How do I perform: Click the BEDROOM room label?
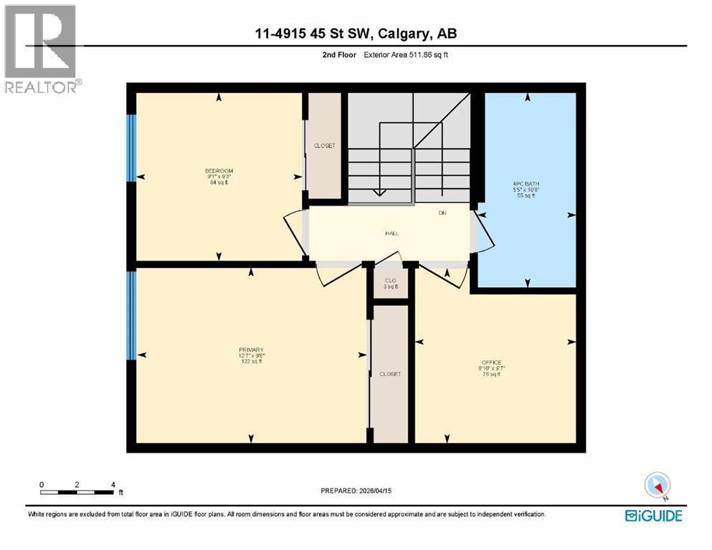[219, 171]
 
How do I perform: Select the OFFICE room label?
[491, 362]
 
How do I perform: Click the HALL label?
[391, 233]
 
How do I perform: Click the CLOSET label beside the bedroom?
[324, 146]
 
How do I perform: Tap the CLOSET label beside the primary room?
[390, 374]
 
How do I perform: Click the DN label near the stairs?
[442, 213]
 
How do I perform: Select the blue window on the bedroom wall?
[131, 148]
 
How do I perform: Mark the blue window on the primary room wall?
[131, 314]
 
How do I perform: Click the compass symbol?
[657, 486]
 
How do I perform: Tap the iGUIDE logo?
[654, 515]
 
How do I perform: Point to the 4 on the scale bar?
[113, 484]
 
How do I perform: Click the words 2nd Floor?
[338, 54]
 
